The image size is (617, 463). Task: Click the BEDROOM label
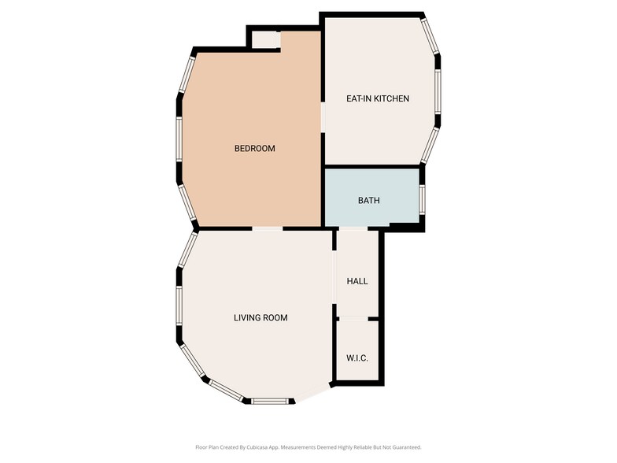(254, 149)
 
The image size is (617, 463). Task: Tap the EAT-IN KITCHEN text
(378, 99)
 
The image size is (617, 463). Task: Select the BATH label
(368, 201)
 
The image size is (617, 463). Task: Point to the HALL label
(357, 281)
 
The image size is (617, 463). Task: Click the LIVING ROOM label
(260, 318)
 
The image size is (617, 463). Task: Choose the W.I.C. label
(357, 358)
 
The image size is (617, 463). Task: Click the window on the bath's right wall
(423, 198)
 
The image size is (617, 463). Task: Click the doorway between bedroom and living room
(268, 229)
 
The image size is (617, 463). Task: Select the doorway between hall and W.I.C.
(357, 319)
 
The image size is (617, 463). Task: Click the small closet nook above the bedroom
(265, 39)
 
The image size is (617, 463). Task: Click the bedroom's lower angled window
(188, 204)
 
